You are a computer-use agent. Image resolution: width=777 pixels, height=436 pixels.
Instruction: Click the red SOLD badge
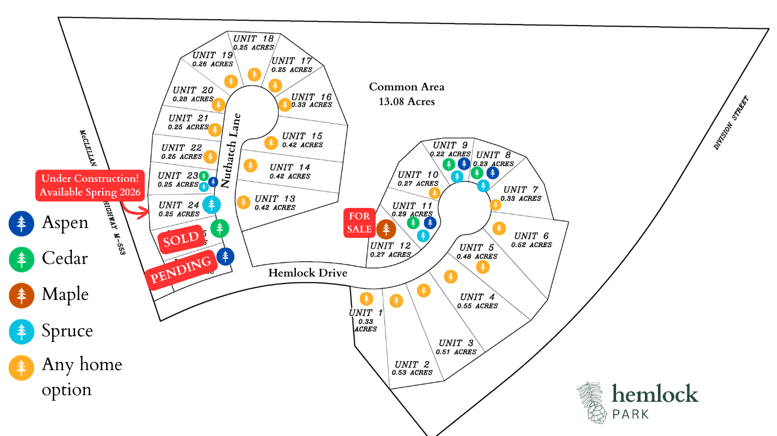181,240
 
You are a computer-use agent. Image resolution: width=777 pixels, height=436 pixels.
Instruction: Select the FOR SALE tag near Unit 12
359,223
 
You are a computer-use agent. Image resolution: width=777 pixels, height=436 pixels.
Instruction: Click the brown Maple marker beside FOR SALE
386,229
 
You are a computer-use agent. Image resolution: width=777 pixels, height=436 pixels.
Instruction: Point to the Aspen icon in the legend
21,223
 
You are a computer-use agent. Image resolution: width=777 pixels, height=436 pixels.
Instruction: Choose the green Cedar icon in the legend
21,259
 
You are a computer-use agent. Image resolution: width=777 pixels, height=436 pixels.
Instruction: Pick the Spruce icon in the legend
21,331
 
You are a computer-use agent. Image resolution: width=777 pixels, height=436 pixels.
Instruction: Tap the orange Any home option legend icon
21,367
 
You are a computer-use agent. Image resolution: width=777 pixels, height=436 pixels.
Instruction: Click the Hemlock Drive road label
307,273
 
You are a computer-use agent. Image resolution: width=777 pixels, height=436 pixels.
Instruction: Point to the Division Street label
731,123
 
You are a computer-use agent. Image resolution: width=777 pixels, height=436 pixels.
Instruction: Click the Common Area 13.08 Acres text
407,94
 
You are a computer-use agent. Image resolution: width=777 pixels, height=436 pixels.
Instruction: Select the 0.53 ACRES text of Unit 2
412,373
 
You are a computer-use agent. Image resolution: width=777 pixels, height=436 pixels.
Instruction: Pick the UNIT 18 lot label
253,39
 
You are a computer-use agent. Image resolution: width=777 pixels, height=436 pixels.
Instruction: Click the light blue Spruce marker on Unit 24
211,205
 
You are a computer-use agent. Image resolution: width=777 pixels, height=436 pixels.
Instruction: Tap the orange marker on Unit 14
250,165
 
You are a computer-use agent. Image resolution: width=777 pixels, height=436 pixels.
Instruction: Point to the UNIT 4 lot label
477,297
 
